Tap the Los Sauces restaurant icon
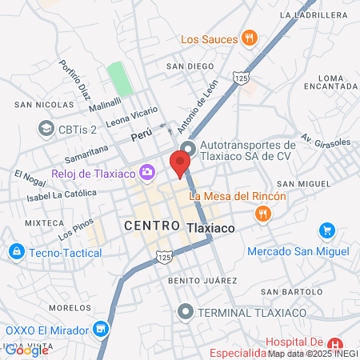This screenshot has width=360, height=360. pos(250,38)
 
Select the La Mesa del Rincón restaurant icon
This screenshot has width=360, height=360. pos(262,214)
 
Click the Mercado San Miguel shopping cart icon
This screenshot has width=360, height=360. pos(326,231)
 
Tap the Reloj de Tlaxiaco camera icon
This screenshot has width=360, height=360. pos(147,172)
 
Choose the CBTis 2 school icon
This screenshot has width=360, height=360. pos(45,129)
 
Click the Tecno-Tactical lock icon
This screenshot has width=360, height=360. pos(15,253)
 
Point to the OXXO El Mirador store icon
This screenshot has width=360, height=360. pos(101,329)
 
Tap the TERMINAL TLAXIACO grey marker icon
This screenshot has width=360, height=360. pos(186,310)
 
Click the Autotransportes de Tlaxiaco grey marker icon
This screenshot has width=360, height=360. pos(188,149)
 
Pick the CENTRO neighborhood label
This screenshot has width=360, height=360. pos(152,227)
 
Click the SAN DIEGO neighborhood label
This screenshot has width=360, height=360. pos(190,66)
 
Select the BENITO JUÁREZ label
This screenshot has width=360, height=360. pos(202,281)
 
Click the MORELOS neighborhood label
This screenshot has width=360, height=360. pos(70,307)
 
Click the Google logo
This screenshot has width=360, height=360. pos(26,350)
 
